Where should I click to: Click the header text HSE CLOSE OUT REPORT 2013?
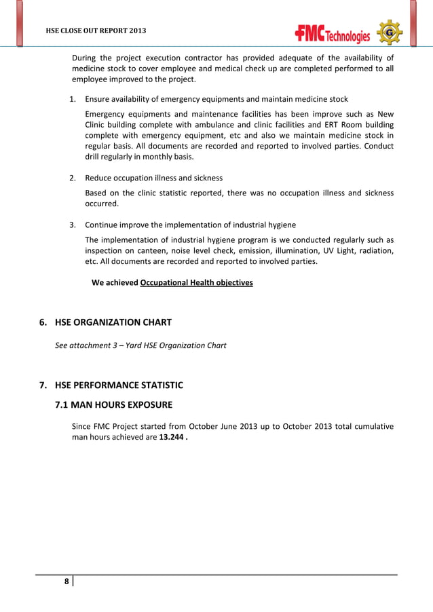(x=95, y=32)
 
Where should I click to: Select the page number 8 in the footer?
(x=66, y=581)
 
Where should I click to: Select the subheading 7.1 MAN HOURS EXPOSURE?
(x=113, y=405)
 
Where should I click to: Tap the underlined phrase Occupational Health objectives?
(x=196, y=282)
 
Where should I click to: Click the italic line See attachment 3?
(x=140, y=345)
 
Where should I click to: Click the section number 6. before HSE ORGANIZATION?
(x=43, y=322)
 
